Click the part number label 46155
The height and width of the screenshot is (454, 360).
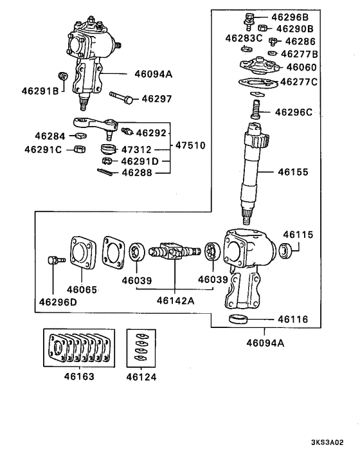click(x=293, y=173)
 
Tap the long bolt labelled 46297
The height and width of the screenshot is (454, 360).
click(x=122, y=99)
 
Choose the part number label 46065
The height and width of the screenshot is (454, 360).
click(x=82, y=289)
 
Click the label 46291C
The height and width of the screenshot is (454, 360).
click(x=44, y=149)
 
